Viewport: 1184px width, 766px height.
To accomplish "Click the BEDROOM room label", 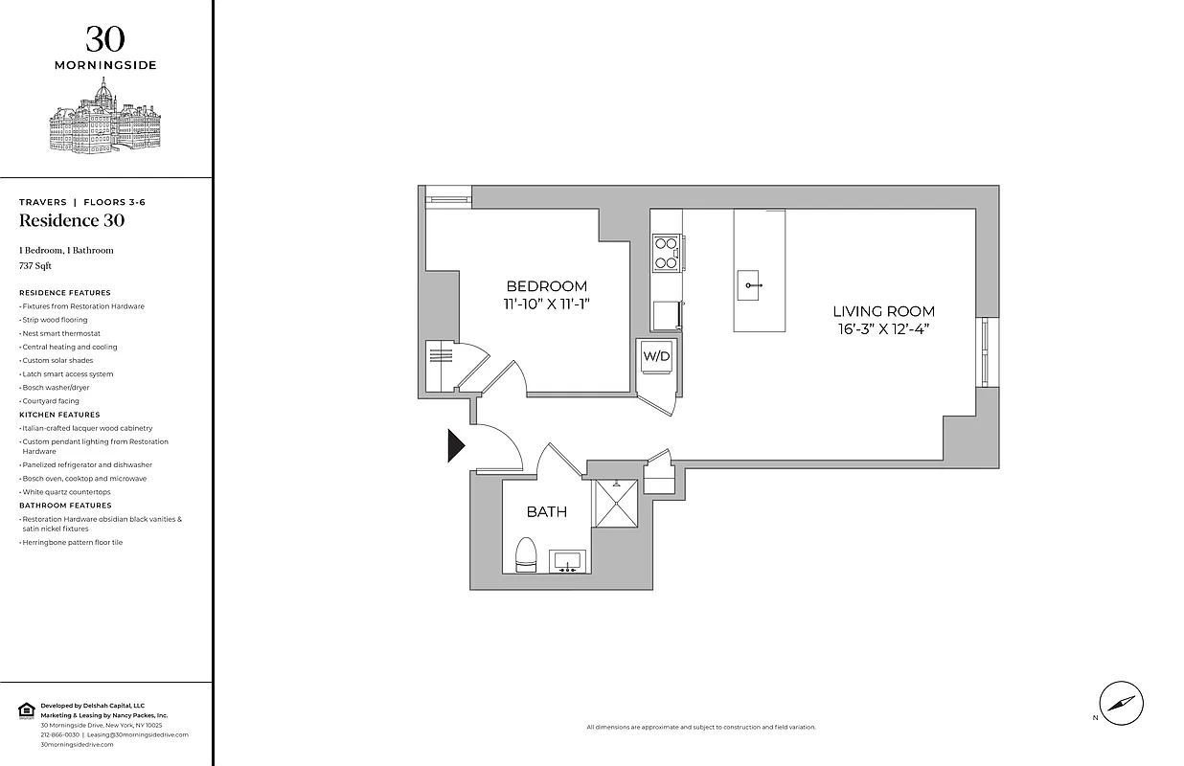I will [x=546, y=286].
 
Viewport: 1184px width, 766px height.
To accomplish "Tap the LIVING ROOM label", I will [x=883, y=311].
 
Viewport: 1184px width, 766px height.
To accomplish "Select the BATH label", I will [x=546, y=512].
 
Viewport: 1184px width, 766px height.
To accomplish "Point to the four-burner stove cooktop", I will [x=666, y=253].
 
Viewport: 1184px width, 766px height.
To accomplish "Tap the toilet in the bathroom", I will [x=525, y=554].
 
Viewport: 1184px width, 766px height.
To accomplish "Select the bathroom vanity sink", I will [x=569, y=561].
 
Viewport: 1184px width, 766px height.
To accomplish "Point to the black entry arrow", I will [x=456, y=446].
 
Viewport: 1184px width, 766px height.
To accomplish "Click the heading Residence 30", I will [x=72, y=221].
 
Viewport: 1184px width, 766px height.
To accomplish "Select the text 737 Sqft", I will [x=35, y=265].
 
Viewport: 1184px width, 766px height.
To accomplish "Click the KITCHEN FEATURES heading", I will [x=59, y=415].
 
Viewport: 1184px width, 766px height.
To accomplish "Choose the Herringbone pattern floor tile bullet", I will [x=73, y=542].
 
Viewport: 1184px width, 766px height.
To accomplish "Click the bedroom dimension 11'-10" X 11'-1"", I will [x=546, y=304].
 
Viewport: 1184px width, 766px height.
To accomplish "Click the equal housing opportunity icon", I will [x=26, y=710].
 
